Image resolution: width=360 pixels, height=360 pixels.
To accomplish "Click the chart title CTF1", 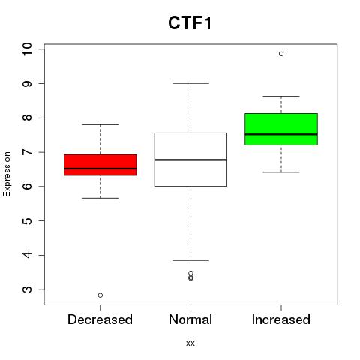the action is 190,23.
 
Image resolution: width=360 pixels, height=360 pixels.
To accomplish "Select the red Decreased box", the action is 100,165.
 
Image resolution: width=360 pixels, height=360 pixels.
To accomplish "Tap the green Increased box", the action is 281,129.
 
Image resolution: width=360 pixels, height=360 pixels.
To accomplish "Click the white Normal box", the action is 190,160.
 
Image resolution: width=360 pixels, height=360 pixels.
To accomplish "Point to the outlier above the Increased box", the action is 281,54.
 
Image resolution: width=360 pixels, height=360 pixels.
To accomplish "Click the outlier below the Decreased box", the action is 100,295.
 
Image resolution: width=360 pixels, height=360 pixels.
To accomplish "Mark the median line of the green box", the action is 281,134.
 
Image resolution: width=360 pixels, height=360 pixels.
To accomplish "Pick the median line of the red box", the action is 100,169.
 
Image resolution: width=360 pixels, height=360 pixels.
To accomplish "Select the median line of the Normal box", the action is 190,160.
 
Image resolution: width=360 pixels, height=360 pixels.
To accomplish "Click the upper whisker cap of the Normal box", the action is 190,83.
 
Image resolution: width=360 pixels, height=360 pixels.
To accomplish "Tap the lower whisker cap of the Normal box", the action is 190,260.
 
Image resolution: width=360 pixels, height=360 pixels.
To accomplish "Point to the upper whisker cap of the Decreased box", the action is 100,124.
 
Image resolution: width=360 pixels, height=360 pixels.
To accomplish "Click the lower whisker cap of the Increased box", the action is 281,172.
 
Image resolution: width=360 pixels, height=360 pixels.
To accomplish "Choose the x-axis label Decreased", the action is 100,319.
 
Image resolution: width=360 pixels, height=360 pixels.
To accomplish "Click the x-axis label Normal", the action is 190,319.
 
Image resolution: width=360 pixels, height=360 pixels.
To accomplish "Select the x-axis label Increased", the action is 281,319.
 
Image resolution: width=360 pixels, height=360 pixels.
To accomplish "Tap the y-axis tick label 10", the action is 27,49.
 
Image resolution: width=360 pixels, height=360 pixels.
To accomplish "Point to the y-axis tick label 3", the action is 27,289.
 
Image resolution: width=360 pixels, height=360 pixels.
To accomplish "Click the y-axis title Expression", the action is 7,174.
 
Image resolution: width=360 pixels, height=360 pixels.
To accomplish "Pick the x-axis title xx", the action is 190,343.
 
